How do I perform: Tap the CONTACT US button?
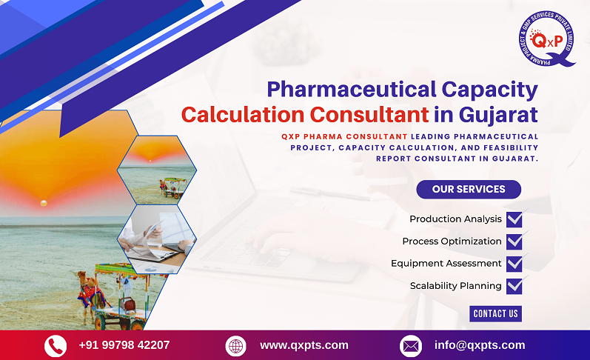(x=495, y=313)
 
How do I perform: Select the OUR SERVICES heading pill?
(x=469, y=189)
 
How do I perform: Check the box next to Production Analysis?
(x=514, y=219)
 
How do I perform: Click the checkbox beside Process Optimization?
(x=514, y=241)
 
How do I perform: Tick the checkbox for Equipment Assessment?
(x=514, y=264)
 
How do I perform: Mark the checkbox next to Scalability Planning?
(x=514, y=286)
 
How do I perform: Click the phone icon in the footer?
(x=56, y=346)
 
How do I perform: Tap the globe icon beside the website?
(x=235, y=346)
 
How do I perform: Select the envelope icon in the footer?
(x=410, y=346)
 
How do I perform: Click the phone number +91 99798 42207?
(x=124, y=345)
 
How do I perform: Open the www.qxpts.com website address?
(x=304, y=345)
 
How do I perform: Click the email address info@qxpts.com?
(x=480, y=345)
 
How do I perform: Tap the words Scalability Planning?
(x=456, y=286)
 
